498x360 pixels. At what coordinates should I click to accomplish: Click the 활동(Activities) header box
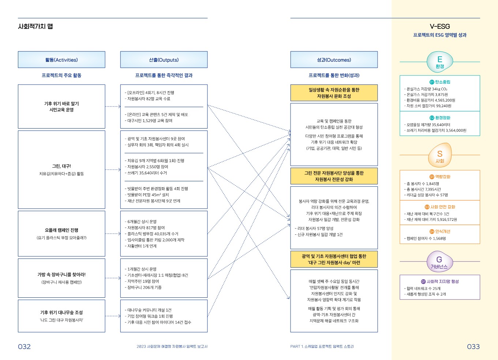(x=61, y=60)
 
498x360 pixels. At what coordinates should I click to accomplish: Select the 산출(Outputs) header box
(x=164, y=60)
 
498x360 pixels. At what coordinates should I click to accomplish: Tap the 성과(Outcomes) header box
(x=334, y=60)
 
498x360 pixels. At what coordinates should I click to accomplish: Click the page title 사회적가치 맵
(x=35, y=26)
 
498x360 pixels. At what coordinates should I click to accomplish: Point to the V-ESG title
(x=439, y=26)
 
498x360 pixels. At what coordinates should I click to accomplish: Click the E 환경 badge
(x=439, y=62)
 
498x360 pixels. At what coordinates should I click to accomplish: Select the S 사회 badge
(x=439, y=156)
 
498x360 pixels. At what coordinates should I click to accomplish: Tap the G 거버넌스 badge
(x=439, y=261)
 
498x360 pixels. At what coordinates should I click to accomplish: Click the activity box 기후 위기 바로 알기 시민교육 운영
(x=61, y=107)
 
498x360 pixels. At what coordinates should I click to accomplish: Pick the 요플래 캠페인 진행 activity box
(x=61, y=233)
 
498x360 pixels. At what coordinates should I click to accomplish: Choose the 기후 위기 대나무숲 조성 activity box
(x=61, y=316)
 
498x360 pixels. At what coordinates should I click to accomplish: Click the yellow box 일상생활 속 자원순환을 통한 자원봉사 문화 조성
(x=334, y=93)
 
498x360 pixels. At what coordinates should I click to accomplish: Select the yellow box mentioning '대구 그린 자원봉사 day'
(x=334, y=259)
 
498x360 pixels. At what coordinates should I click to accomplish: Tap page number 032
(x=25, y=346)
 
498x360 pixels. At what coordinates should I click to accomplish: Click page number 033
(x=473, y=346)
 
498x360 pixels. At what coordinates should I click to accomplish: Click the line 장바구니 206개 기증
(x=144, y=287)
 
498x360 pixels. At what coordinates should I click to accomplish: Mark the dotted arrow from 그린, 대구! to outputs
(x=113, y=170)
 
